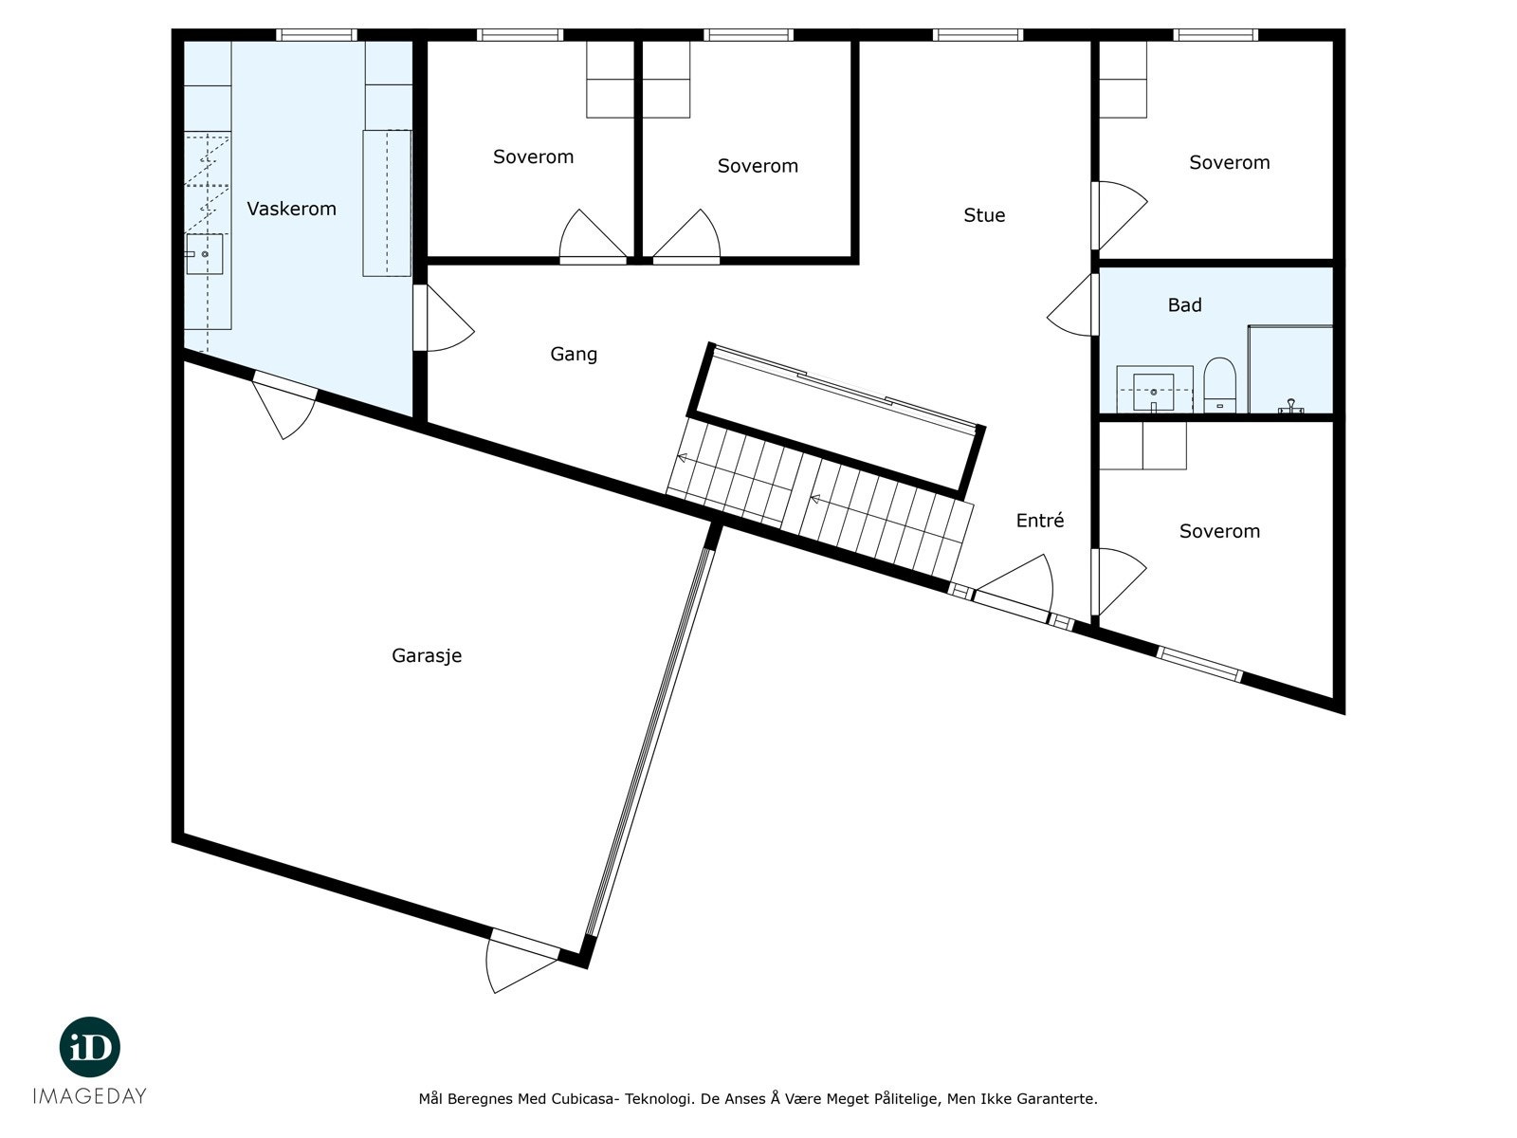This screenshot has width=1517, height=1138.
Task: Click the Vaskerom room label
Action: pyautogui.click(x=291, y=209)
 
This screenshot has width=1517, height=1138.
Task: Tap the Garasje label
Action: pyautogui.click(x=427, y=655)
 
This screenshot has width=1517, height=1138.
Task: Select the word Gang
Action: pyautogui.click(x=574, y=354)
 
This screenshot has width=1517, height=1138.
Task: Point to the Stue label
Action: pyautogui.click(x=984, y=215)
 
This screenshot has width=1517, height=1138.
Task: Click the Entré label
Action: pyautogui.click(x=1040, y=521)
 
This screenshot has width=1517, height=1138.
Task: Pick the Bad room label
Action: pyautogui.click(x=1184, y=305)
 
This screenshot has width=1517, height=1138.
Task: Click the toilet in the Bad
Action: pyautogui.click(x=1219, y=384)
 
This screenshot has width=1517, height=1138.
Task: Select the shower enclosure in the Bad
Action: pyautogui.click(x=1290, y=370)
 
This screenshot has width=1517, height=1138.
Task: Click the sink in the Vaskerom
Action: pyautogui.click(x=205, y=254)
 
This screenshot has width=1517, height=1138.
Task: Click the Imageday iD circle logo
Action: pyautogui.click(x=90, y=1048)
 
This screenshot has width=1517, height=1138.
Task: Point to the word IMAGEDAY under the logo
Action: pyautogui.click(x=90, y=1096)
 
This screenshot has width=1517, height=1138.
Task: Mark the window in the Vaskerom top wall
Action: pyautogui.click(x=317, y=35)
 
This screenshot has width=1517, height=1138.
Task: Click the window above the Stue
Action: pyautogui.click(x=978, y=35)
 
